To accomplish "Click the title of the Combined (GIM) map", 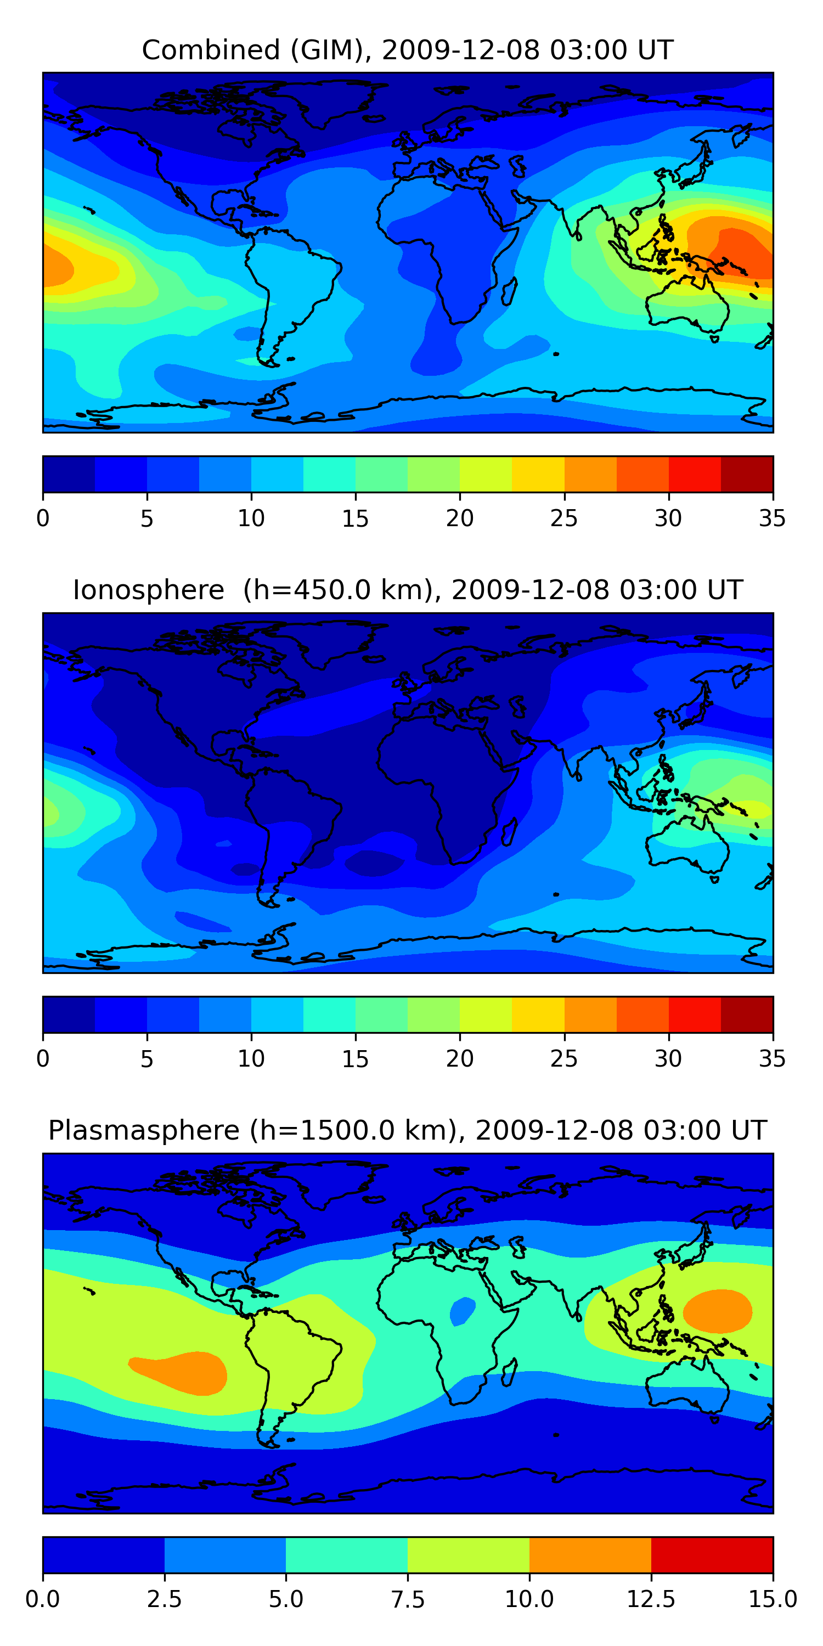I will [x=408, y=50].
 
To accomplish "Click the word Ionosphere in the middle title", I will [x=148, y=590].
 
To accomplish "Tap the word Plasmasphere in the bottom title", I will [x=144, y=1130].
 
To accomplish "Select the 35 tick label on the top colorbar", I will [x=772, y=518].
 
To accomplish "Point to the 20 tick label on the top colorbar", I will [x=459, y=518].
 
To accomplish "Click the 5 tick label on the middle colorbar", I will [x=147, y=1059].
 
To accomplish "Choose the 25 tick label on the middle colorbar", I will [x=563, y=1059].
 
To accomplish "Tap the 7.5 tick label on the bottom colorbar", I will [x=408, y=1599].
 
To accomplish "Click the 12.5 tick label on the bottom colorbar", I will [x=651, y=1599].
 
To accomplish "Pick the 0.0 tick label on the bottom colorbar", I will [x=43, y=1599].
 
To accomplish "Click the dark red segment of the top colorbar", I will [x=746, y=474].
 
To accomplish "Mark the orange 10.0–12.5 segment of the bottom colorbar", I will [x=590, y=1554].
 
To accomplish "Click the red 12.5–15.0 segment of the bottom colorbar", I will [x=712, y=1554].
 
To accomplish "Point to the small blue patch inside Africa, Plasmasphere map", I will [x=462, y=1311].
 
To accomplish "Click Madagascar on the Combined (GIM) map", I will [x=509, y=291].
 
